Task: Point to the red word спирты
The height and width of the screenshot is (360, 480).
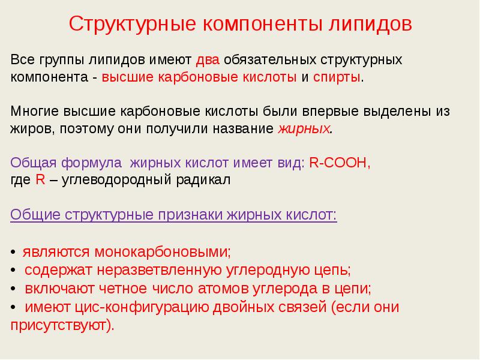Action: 337,77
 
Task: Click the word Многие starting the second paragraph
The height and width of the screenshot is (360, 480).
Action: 37,112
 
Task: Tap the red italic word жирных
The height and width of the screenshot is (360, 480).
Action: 304,129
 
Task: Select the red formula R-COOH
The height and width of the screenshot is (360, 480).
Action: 340,163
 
